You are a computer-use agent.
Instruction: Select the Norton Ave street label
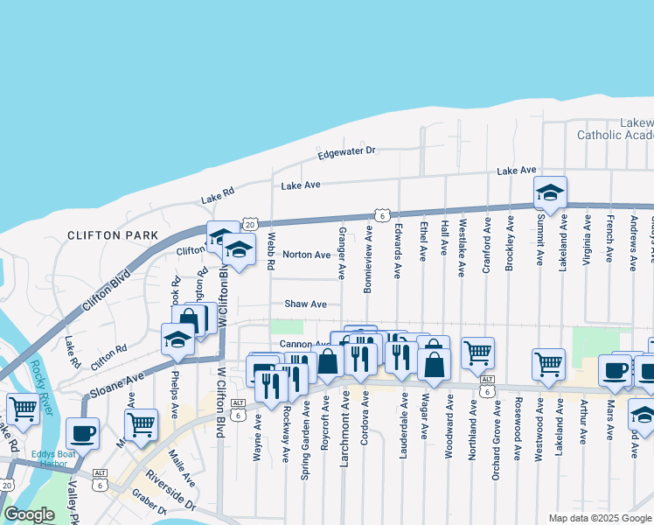[306, 255]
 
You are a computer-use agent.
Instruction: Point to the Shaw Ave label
[305, 304]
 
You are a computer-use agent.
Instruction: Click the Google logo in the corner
[29, 514]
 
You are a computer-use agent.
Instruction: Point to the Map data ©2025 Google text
[599, 518]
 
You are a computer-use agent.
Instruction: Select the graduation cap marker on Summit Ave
[550, 192]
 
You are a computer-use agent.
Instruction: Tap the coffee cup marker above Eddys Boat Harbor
[82, 433]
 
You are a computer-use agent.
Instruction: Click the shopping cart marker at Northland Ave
[477, 353]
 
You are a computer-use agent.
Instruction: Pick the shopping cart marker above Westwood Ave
[548, 364]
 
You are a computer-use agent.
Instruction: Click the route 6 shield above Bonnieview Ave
[381, 213]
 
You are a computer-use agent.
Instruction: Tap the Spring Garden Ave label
[305, 430]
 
